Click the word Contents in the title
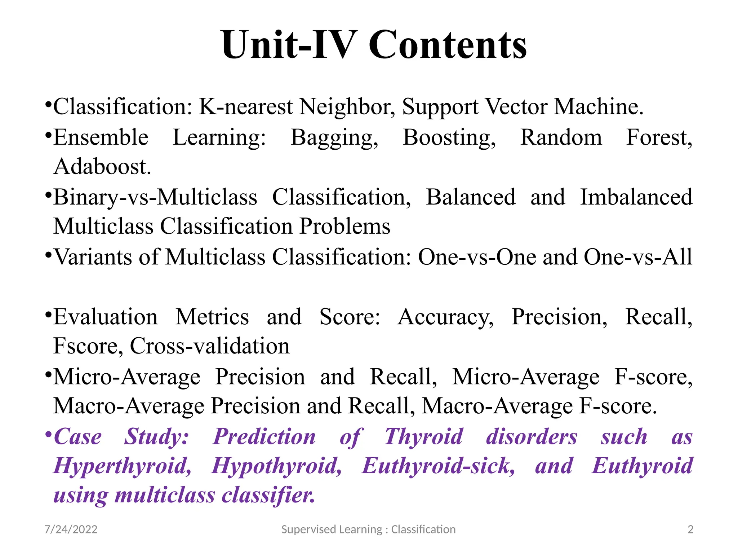pos(448,45)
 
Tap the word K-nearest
pos(246,107)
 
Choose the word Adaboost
pos(102,167)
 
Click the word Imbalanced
pos(636,197)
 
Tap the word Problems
pos(345,227)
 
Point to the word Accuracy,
pos(445,317)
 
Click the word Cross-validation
pos(209,346)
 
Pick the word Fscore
pos(88,346)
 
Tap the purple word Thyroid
pos(423,437)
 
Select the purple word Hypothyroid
pos(276,466)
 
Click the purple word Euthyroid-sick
pos(438,466)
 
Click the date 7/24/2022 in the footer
pos(71,529)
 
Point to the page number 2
pos(690,529)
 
